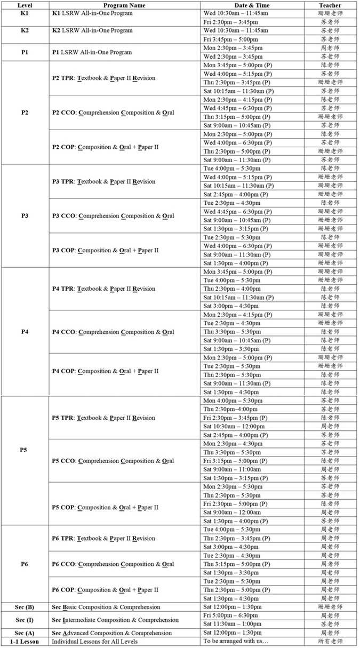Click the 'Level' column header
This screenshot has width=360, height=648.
pyautogui.click(x=25, y=5)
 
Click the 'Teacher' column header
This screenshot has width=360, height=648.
pyautogui.click(x=330, y=5)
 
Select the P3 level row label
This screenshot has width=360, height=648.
pyautogui.click(x=25, y=216)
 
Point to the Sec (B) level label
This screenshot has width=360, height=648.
pyautogui.click(x=25, y=607)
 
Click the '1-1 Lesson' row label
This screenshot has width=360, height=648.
pyautogui.click(x=25, y=641)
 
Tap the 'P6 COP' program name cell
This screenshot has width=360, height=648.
pyautogui.click(x=105, y=590)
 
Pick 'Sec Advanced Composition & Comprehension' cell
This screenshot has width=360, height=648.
pyautogui.click(x=111, y=633)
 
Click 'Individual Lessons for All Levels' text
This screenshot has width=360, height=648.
pyautogui.click(x=94, y=641)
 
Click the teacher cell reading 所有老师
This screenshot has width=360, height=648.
pyautogui.click(x=330, y=641)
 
